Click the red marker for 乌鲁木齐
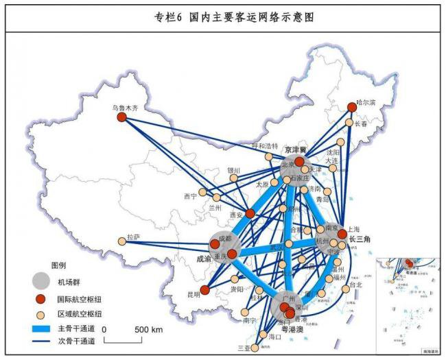pos(122,117)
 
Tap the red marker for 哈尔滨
pos(352,107)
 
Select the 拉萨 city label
pos(133,238)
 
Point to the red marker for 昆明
pos(204,290)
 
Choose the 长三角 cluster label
pos(360,239)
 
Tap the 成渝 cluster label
pos(204,260)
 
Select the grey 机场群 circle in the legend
pos(41,280)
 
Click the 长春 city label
pos(361,124)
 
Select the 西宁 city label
pos(190,196)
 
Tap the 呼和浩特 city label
pos(265,146)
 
